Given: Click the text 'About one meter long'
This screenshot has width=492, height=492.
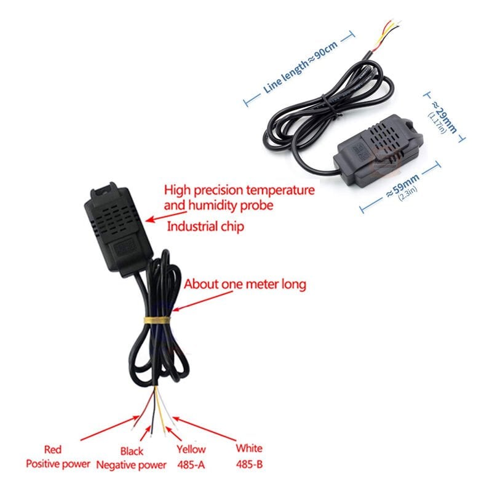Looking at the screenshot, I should click(244, 285).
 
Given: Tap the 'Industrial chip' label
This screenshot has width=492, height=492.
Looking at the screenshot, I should click(205, 227).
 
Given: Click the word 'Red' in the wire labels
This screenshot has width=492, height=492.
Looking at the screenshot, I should click(53, 450).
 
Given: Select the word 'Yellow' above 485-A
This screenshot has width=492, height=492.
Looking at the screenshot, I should click(191, 450).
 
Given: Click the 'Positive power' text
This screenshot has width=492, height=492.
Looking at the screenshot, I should click(58, 464).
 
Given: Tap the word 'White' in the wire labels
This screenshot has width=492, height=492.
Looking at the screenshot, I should click(249, 449).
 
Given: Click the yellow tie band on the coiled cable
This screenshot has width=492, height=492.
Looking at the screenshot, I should click(157, 320).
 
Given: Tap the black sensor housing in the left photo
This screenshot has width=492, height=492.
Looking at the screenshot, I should click(117, 228).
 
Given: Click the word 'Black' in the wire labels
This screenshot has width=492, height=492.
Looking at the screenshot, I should click(132, 450).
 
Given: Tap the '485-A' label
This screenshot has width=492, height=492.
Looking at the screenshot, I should click(191, 464).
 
